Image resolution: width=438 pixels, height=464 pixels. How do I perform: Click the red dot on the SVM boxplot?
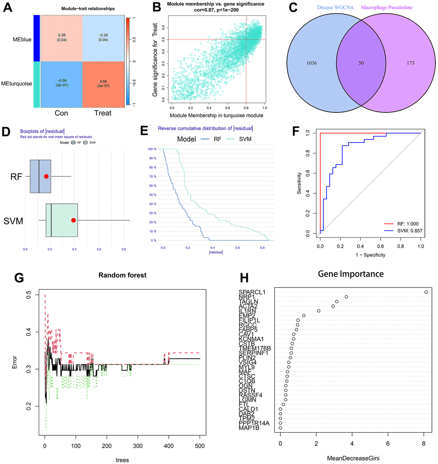tap(73, 220)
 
